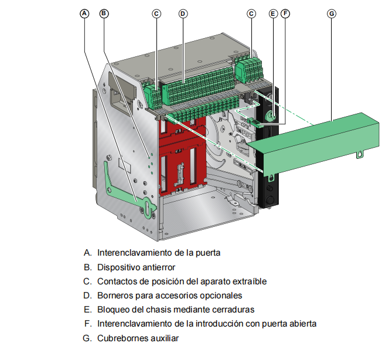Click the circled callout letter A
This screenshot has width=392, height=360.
click(x=84, y=13)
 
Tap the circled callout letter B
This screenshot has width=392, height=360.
click(x=104, y=13)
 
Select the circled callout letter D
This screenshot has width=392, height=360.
click(x=183, y=13)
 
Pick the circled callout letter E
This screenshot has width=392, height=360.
click(x=273, y=13)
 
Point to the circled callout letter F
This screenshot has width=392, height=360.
click(x=285, y=13)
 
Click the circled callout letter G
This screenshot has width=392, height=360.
click(x=332, y=13)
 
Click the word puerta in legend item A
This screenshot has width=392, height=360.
click(x=208, y=253)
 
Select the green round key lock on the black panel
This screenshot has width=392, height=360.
click(x=271, y=116)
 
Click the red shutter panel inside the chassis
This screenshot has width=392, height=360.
click(x=182, y=155)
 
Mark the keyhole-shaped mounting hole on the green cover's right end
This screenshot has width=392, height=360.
click(x=360, y=155)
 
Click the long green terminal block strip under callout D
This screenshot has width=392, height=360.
click(x=199, y=85)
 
